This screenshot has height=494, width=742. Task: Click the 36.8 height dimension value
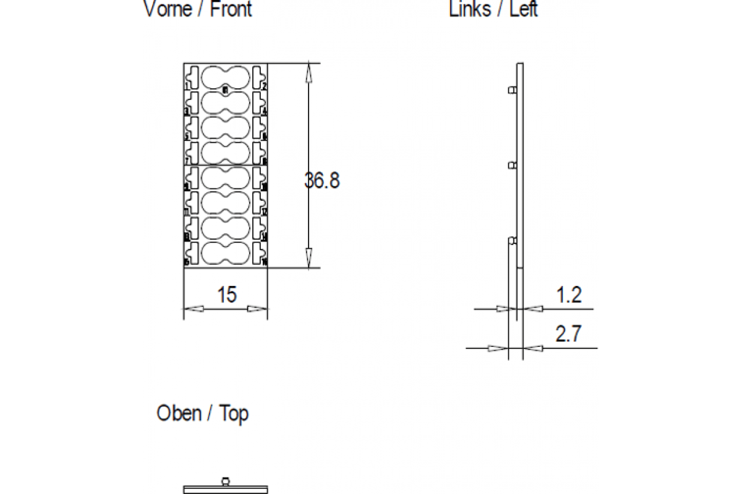pyautogui.click(x=322, y=181)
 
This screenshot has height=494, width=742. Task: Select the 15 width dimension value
pyautogui.click(x=226, y=295)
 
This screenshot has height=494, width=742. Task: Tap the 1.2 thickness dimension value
pyautogui.click(x=568, y=295)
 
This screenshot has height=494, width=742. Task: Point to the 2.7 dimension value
pyautogui.click(x=568, y=335)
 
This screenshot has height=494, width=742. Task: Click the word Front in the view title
pyautogui.click(x=231, y=9)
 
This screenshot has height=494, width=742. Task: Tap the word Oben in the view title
pyautogui.click(x=179, y=413)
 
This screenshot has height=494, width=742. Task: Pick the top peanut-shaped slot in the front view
pyautogui.click(x=225, y=77)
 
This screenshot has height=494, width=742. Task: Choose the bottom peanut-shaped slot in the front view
pyautogui.click(x=225, y=253)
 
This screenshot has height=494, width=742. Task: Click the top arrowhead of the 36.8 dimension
pyautogui.click(x=309, y=71)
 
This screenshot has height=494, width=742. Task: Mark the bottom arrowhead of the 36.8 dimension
pyautogui.click(x=309, y=260)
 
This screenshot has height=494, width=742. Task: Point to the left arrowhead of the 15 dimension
pyautogui.click(x=194, y=309)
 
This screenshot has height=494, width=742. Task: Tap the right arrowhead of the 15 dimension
pyautogui.click(x=258, y=309)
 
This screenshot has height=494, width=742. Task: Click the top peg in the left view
pyautogui.click(x=512, y=90)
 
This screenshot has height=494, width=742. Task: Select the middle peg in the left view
pyautogui.click(x=512, y=165)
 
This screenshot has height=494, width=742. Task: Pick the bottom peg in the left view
pyautogui.click(x=512, y=240)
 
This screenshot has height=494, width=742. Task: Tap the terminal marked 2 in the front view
pyautogui.click(x=259, y=77)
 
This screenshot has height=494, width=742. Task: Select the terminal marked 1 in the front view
pyautogui.click(x=192, y=78)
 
